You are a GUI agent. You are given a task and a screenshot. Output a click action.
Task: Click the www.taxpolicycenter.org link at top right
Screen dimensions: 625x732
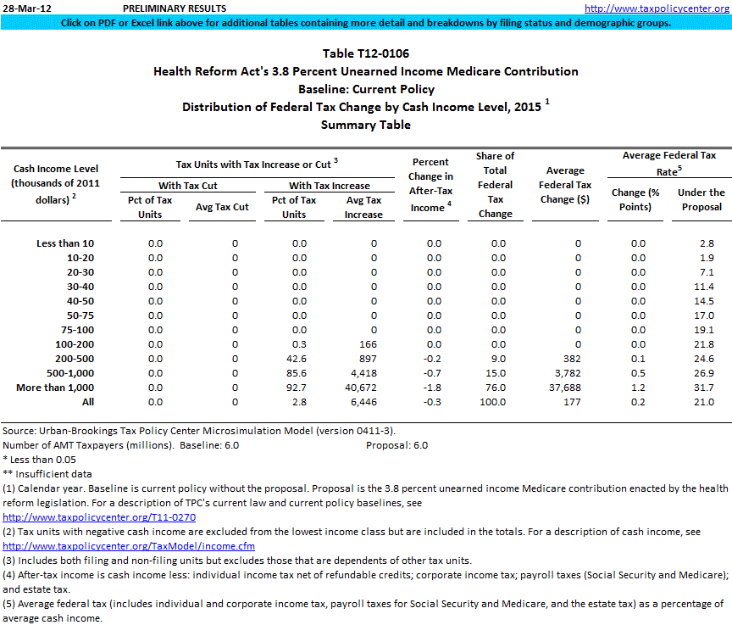[657, 8]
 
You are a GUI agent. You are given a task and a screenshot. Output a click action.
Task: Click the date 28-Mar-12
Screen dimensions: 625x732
[26, 8]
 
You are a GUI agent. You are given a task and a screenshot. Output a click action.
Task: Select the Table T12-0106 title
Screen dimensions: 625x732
[365, 54]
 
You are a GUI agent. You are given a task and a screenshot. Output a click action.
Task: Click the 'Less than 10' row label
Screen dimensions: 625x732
[65, 243]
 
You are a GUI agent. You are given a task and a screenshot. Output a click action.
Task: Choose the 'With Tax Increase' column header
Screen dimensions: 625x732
[330, 186]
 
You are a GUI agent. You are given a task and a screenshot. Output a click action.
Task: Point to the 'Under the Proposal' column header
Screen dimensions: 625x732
[701, 199]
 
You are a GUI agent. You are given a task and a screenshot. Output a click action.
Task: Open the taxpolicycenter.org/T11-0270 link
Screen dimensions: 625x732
[100, 516]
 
